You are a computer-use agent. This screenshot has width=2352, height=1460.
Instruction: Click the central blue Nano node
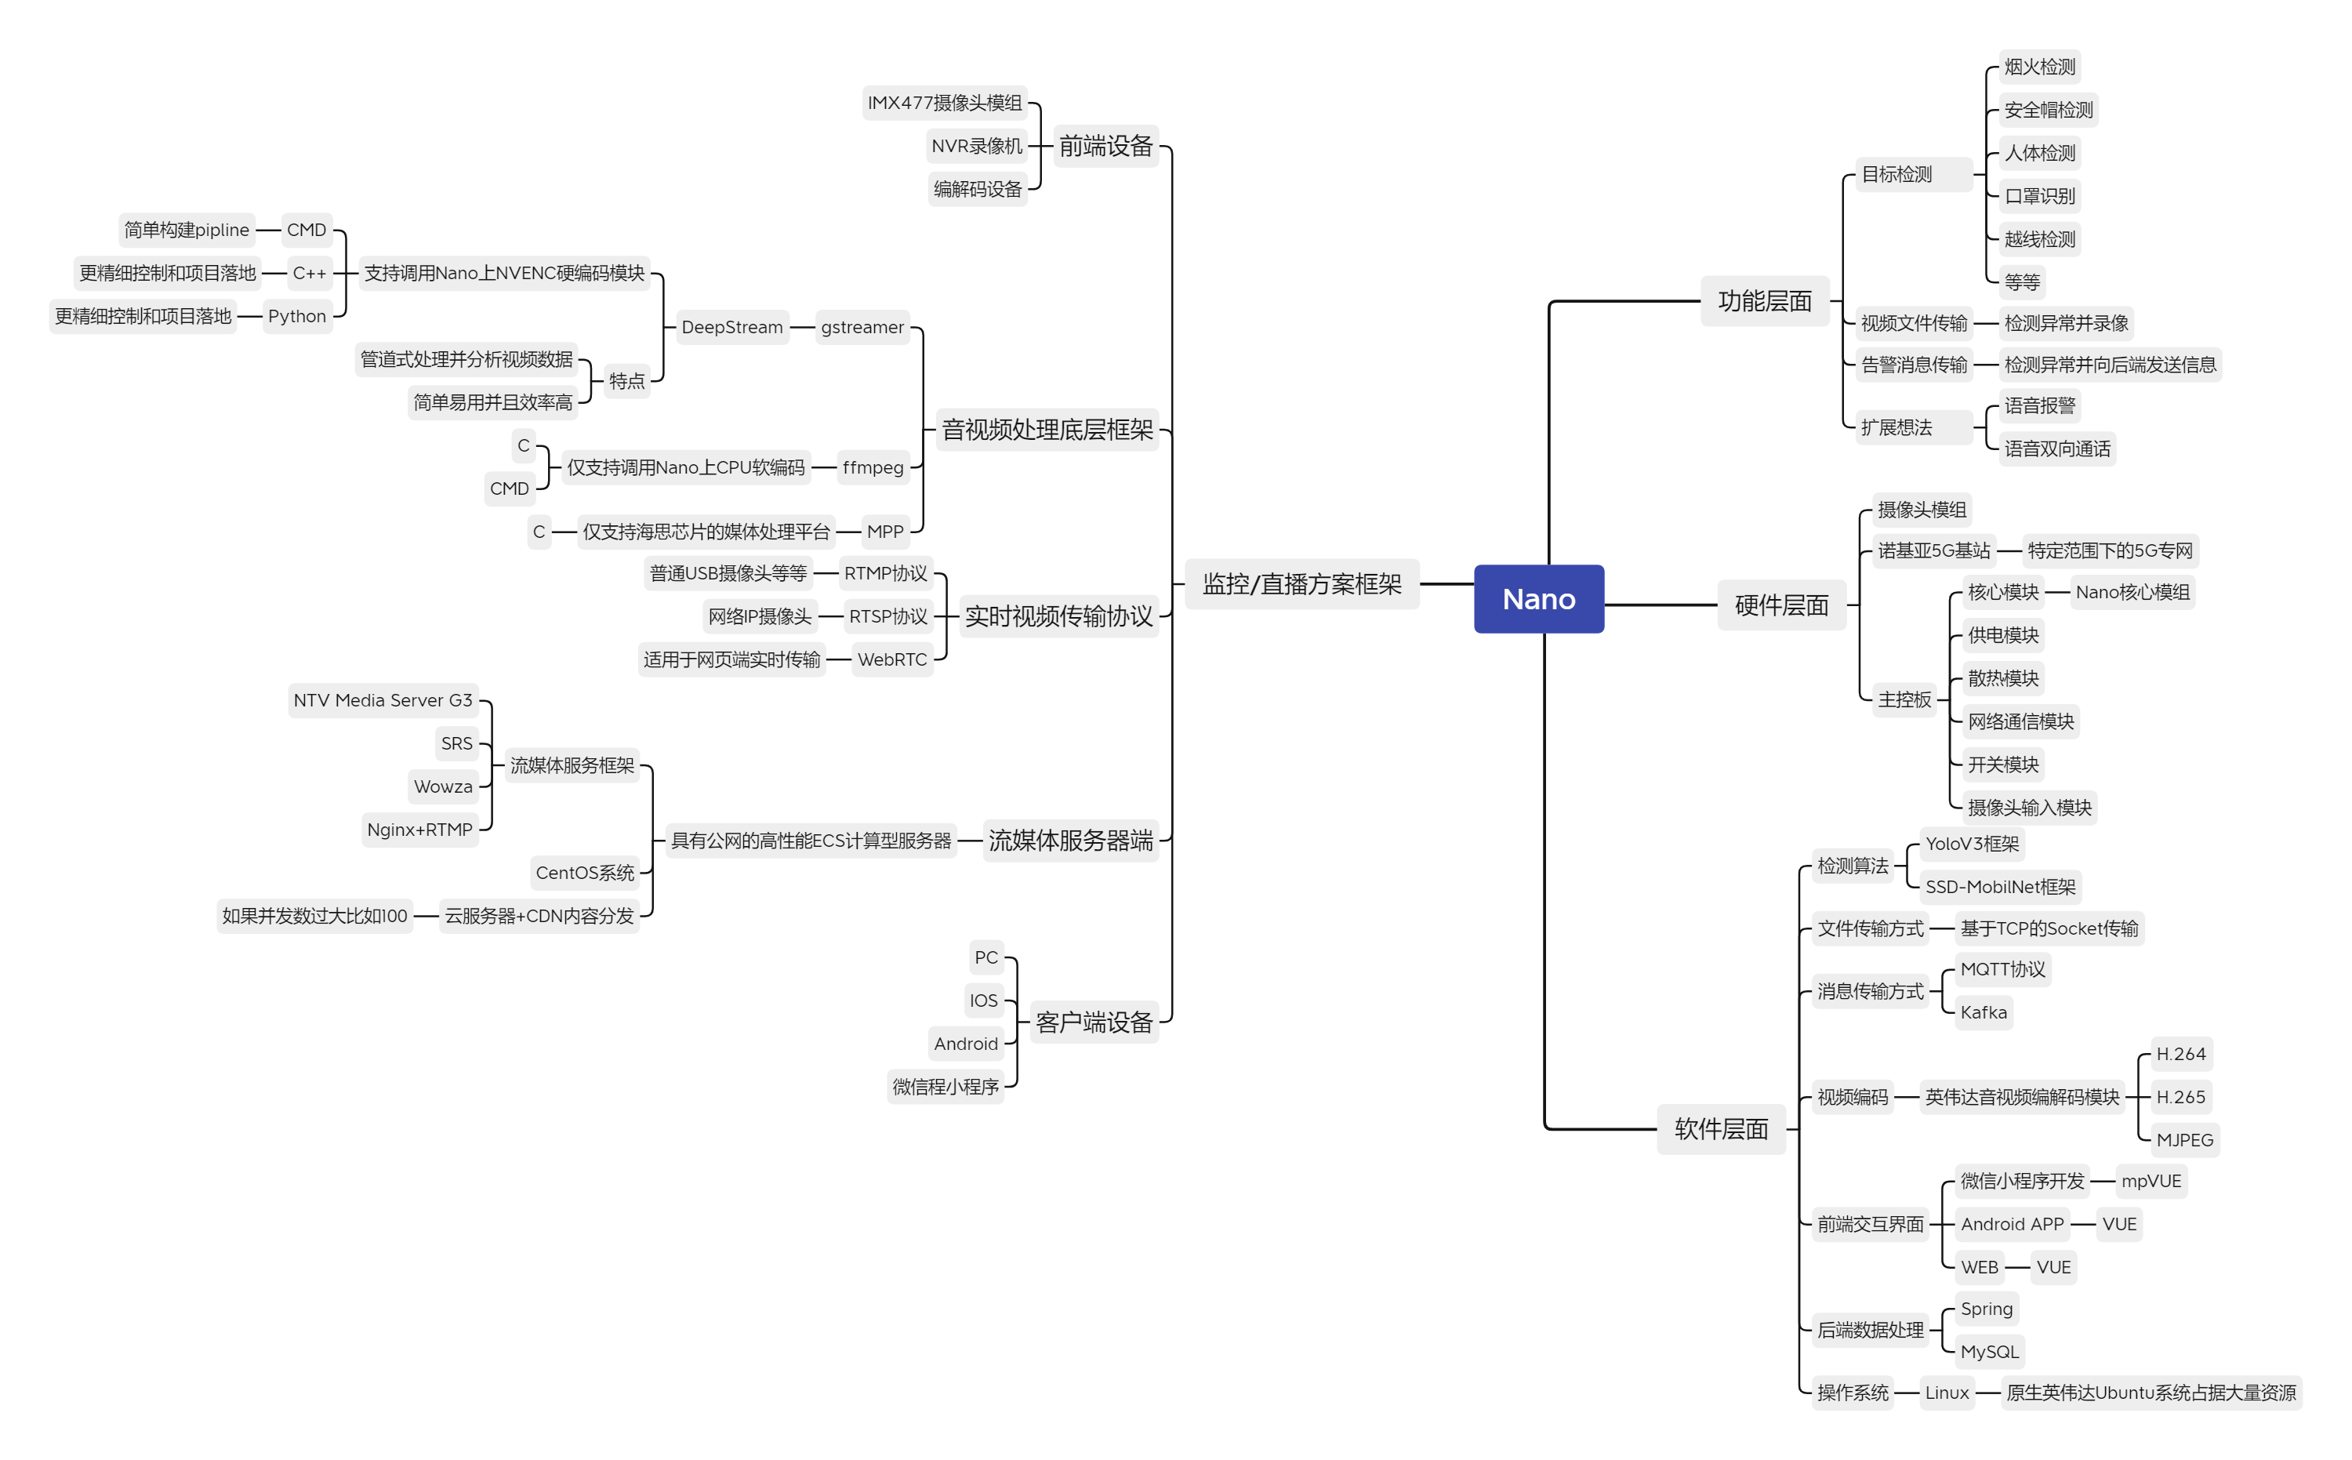(1538, 599)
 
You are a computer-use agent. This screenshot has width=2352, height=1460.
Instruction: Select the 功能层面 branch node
(1764, 301)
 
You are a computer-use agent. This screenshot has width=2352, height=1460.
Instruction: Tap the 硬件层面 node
(1781, 605)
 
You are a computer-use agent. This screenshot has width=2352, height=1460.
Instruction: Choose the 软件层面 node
(1721, 1129)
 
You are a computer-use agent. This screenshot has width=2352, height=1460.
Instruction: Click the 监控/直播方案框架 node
(1301, 584)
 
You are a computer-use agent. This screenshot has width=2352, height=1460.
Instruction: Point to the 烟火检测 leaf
(2039, 67)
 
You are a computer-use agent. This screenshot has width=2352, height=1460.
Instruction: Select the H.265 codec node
(2180, 1097)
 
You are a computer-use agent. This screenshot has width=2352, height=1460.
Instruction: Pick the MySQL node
(1989, 1352)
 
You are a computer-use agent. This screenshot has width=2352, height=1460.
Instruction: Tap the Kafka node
(1984, 1012)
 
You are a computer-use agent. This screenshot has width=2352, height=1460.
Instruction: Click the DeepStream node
(731, 327)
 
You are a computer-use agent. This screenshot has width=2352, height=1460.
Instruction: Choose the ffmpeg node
(873, 467)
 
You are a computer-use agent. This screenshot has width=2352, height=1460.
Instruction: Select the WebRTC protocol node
(892, 659)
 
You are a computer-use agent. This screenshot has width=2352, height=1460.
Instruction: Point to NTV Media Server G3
(383, 700)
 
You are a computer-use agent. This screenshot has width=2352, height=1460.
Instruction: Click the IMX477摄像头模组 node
(944, 103)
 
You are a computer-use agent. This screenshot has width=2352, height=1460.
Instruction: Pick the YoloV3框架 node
(1972, 844)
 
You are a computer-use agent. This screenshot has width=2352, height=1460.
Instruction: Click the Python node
(297, 316)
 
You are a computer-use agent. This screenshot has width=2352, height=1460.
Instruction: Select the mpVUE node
(2151, 1181)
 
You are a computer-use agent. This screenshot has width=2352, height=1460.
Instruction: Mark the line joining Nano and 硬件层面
(1661, 605)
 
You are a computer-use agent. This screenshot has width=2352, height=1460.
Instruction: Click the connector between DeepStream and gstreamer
(802, 327)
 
